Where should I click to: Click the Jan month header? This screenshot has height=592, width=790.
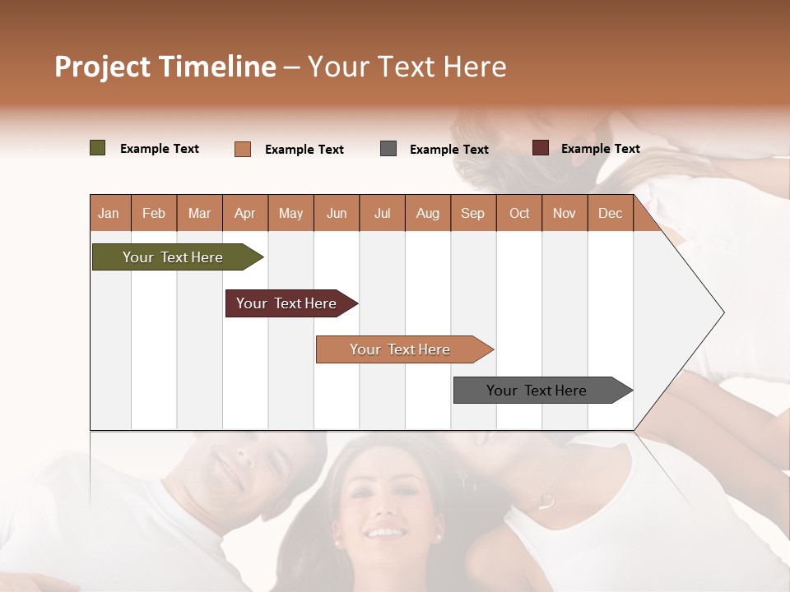(x=109, y=213)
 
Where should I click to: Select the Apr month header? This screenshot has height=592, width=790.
(x=244, y=213)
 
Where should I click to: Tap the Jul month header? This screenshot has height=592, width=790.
(x=382, y=213)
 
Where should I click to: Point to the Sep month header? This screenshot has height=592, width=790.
(x=472, y=213)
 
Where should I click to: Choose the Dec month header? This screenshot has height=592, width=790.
(x=610, y=213)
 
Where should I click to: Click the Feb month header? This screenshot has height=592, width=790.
(x=154, y=213)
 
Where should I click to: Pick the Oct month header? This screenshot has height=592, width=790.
(x=519, y=213)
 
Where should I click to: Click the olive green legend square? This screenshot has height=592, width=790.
(x=98, y=148)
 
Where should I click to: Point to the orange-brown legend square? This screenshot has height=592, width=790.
(x=243, y=149)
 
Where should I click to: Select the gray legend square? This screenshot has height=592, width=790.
(x=388, y=149)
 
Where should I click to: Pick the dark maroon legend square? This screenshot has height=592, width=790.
(x=541, y=148)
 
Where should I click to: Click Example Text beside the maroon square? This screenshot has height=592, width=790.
(x=600, y=148)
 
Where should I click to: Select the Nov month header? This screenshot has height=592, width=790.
(x=565, y=213)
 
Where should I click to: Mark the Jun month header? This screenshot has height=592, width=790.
(x=337, y=213)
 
